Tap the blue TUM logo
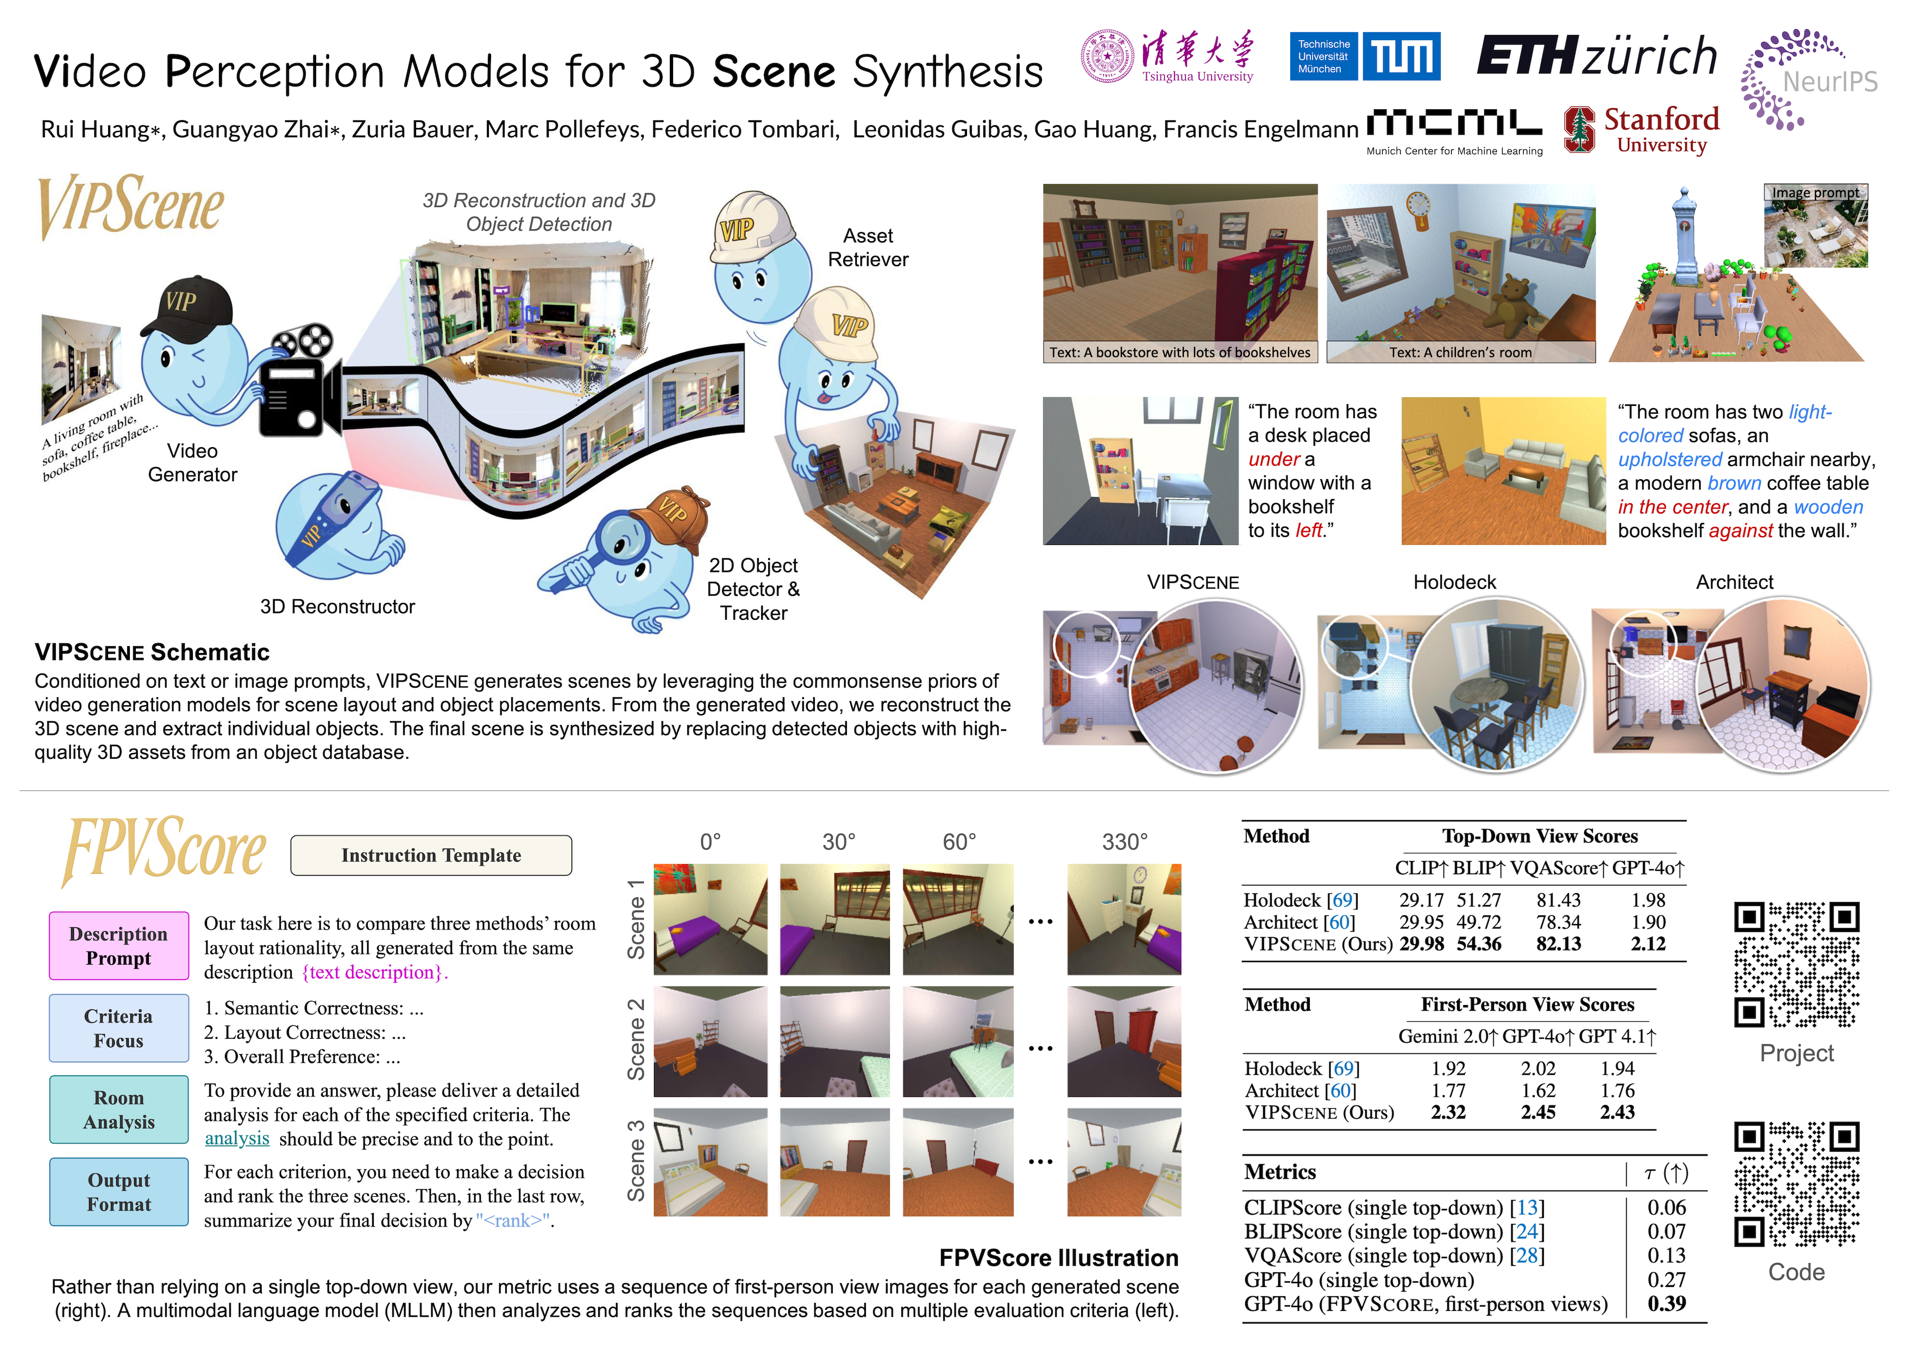1365,56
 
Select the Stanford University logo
1641,130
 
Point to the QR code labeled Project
1796,964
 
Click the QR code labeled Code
1796,1184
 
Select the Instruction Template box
431,856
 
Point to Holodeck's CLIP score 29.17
1422,900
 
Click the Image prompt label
1815,193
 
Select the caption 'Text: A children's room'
1460,353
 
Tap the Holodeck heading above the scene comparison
1454,582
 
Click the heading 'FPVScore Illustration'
1058,1258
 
